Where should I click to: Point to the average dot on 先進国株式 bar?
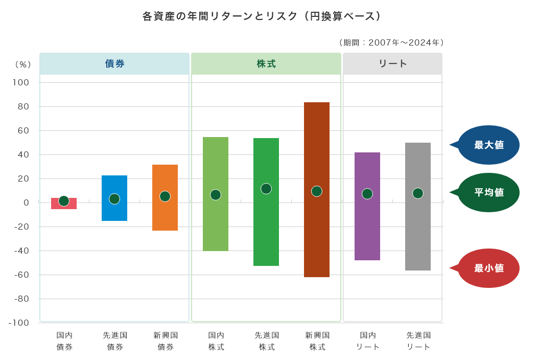pyautogui.click(x=266, y=189)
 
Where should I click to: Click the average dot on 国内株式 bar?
pyautogui.click(x=216, y=195)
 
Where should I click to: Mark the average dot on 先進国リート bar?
pyautogui.click(x=418, y=193)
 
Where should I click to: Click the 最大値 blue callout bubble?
pyautogui.click(x=488, y=145)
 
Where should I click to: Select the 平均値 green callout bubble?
pyautogui.click(x=488, y=193)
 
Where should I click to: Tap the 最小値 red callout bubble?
pyautogui.click(x=488, y=268)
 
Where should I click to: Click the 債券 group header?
pyautogui.click(x=114, y=64)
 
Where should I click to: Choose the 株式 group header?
pyautogui.click(x=266, y=64)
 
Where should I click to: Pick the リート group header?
pyautogui.click(x=392, y=64)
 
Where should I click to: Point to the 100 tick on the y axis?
pyautogui.click(x=21, y=83)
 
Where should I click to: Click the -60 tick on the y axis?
pyautogui.click(x=21, y=275)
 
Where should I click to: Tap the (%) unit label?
pyautogui.click(x=23, y=64)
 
